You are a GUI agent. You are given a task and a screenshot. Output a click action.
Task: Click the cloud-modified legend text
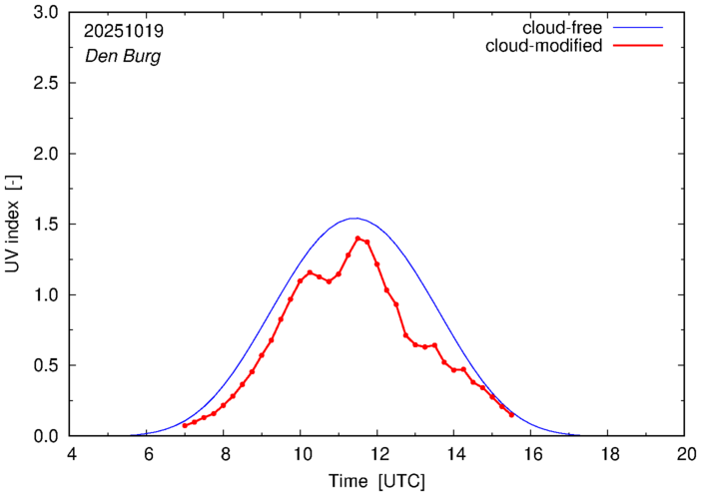(543, 46)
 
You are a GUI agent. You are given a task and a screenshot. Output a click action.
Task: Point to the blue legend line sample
(640, 27)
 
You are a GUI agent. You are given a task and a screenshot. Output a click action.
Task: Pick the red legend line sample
(640, 46)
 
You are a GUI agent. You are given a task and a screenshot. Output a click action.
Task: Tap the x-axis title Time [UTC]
(377, 481)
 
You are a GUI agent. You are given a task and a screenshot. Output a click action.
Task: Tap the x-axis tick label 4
(70, 454)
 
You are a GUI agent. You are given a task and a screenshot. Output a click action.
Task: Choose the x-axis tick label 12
(377, 454)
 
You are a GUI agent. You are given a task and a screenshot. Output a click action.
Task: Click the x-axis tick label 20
(685, 454)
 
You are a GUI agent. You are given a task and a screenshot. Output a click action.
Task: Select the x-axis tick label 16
(531, 454)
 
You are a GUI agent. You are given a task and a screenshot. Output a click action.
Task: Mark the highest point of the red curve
(357, 239)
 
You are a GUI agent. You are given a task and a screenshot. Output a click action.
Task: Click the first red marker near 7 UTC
(185, 425)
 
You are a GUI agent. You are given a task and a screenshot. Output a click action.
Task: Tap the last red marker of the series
(511, 414)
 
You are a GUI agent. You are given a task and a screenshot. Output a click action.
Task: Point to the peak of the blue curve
(354, 218)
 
